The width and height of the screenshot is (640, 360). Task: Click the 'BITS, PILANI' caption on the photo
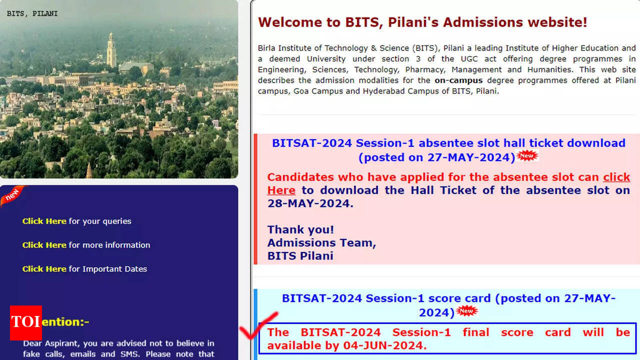coord(32,13)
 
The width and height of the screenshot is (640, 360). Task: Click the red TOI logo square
coord(26,323)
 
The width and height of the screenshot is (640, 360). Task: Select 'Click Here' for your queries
coord(44,221)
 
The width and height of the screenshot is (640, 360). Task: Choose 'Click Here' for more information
coord(44,245)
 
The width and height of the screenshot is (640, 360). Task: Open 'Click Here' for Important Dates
coord(44,269)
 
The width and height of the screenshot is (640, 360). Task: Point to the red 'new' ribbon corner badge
coord(13,195)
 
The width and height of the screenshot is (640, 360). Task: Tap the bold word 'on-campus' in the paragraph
coord(458,80)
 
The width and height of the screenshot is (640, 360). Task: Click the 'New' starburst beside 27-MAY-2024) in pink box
coord(527,155)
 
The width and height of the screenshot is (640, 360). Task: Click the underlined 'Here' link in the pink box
coord(281,190)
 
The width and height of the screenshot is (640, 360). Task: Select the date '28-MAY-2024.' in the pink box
coord(310,203)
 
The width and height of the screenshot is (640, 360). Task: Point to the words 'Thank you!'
coord(300,229)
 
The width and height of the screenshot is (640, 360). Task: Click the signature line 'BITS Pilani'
coord(300,256)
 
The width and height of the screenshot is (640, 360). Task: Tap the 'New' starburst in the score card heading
coord(467,311)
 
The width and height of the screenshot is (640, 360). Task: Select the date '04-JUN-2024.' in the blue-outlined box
coord(385,345)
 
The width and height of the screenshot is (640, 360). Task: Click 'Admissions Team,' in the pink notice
coord(321,243)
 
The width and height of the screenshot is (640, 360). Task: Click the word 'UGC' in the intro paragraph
coord(469,59)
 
